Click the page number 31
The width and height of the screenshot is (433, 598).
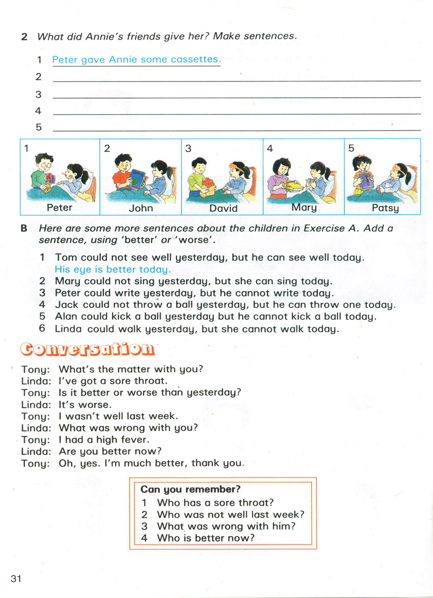16,579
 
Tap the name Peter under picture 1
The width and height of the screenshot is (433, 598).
59,208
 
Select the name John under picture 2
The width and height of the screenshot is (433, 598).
141,208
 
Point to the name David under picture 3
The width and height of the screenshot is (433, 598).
223,208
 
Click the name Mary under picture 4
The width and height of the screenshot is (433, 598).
304,208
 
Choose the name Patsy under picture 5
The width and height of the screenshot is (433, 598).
385,208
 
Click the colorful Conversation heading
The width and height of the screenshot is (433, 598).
88,349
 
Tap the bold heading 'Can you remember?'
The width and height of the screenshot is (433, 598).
190,489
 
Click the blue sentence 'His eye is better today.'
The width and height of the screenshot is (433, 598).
112,269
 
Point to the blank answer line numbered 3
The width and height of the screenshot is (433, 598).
237,96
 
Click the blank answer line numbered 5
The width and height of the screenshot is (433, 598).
237,129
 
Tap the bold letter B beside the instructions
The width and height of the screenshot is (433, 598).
24,229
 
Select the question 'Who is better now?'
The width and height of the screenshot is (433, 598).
206,538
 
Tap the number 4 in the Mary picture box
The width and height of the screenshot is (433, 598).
270,148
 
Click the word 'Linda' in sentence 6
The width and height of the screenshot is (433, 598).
68,329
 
